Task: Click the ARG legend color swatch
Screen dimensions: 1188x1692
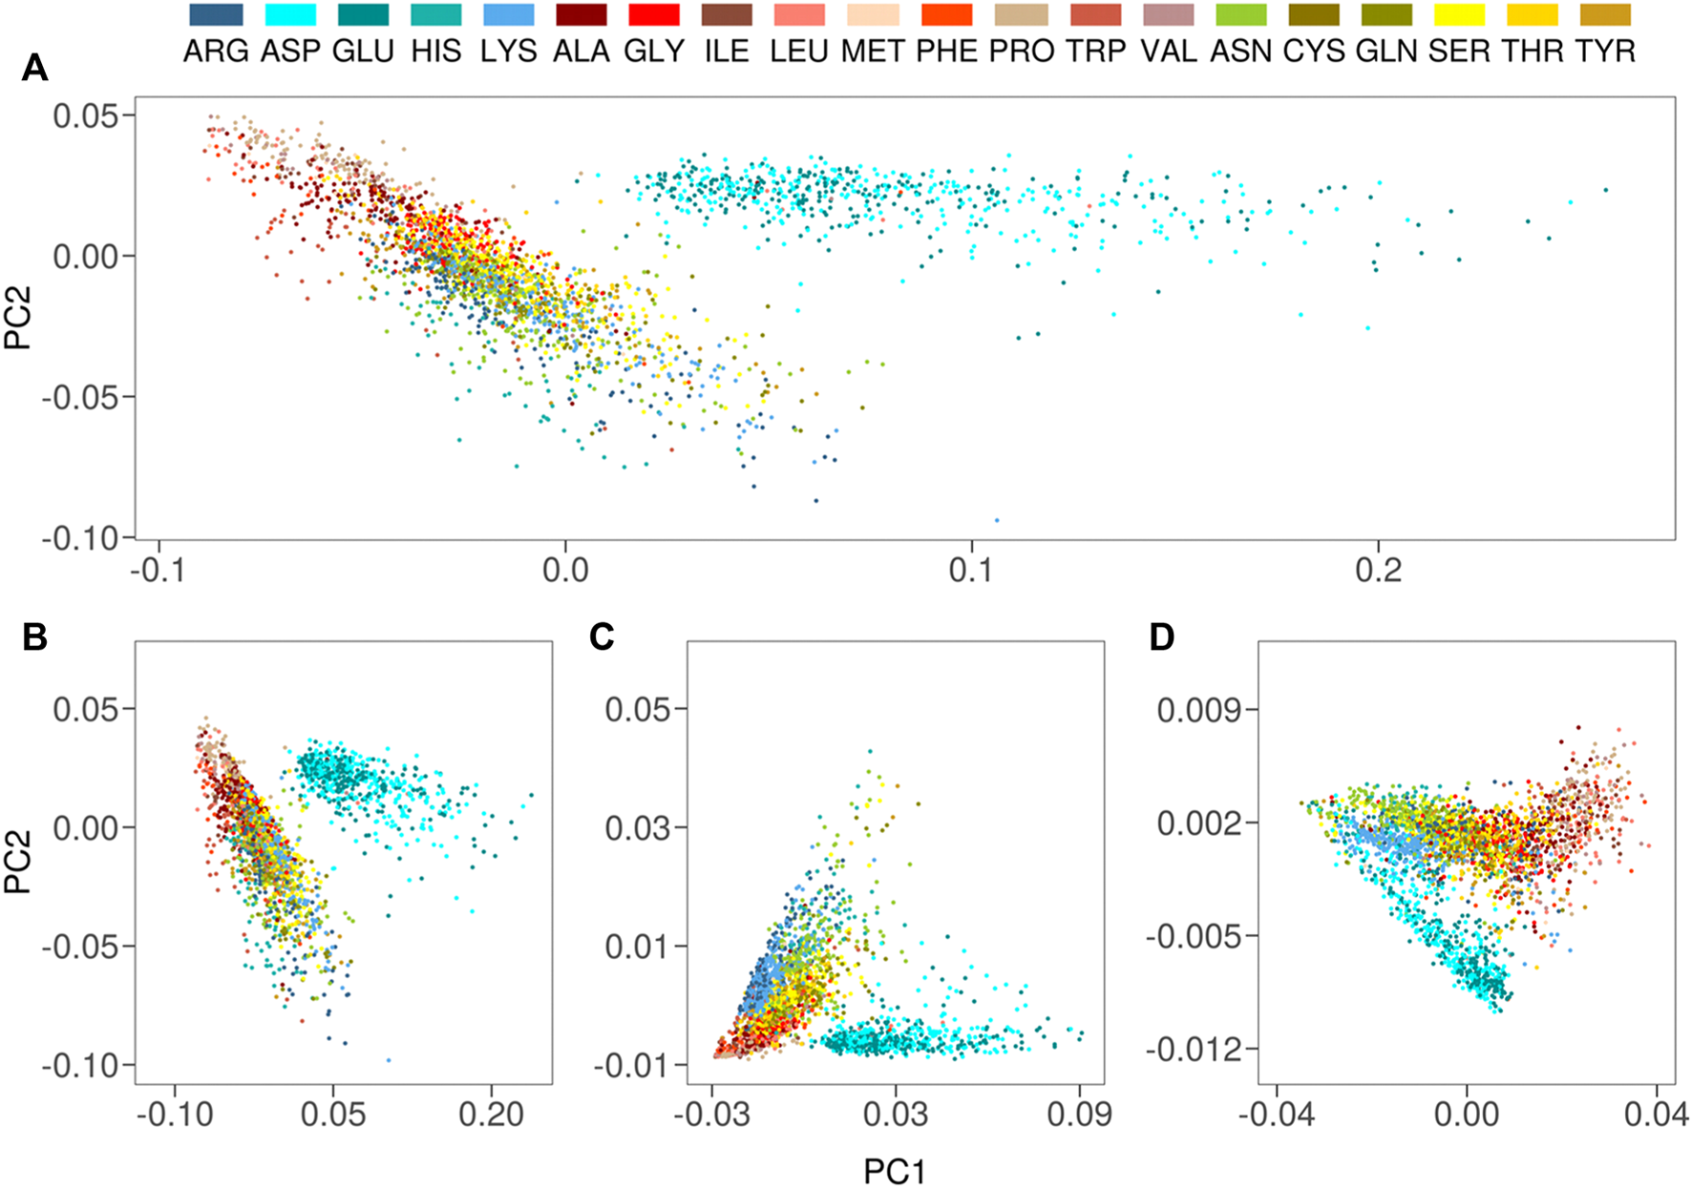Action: click(x=216, y=14)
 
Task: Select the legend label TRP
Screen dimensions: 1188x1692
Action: click(x=1096, y=51)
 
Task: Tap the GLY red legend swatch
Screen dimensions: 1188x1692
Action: click(x=653, y=14)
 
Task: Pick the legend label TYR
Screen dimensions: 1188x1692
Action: click(x=1606, y=51)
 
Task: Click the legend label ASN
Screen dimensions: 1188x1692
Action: click(x=1241, y=51)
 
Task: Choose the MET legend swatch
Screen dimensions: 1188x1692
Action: click(x=873, y=14)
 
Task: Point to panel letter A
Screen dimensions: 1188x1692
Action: click(x=34, y=68)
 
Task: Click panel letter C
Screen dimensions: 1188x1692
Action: click(x=602, y=636)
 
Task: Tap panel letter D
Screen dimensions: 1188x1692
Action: click(x=1161, y=636)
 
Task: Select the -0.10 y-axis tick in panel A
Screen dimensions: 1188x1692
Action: click(x=86, y=538)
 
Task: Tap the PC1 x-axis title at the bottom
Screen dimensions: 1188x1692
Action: click(x=895, y=1171)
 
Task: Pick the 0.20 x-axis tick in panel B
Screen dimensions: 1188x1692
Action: click(x=491, y=1115)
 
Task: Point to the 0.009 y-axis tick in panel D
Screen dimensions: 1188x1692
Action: click(x=1199, y=710)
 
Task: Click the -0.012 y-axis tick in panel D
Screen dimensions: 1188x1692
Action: click(x=1194, y=1050)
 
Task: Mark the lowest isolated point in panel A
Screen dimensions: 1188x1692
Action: click(x=997, y=520)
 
